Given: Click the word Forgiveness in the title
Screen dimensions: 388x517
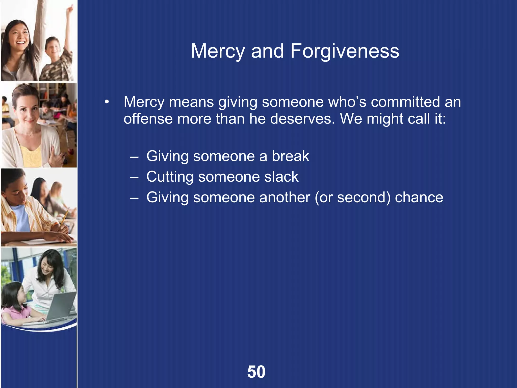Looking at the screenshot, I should tap(345, 51).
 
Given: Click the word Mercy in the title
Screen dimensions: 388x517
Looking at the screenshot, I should tap(218, 51).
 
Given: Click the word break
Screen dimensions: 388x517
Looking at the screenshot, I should tap(290, 156).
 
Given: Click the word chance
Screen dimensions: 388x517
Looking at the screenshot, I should tap(419, 197).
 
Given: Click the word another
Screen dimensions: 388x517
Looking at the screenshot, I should tap(285, 197).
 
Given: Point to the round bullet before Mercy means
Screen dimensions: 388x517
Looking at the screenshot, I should tap(107, 102).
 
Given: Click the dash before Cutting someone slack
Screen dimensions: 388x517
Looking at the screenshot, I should tap(134, 177).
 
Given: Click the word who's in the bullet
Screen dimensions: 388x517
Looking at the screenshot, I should tap(347, 102).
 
